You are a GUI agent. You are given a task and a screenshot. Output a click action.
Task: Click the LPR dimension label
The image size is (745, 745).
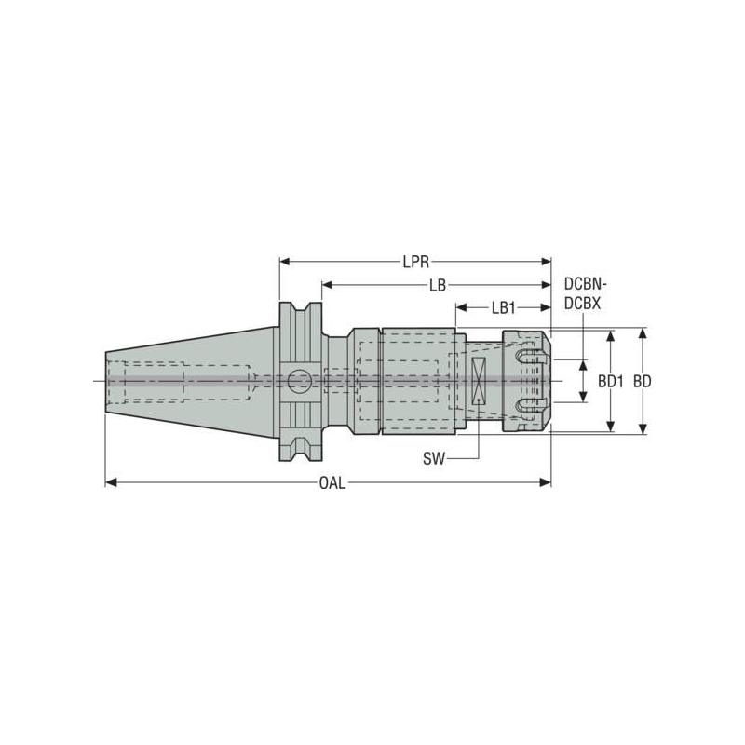pyautogui.click(x=416, y=262)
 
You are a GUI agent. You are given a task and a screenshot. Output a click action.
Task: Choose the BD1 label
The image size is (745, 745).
pyautogui.click(x=610, y=381)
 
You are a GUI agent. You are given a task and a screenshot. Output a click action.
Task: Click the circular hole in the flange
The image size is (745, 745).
pyautogui.click(x=300, y=381)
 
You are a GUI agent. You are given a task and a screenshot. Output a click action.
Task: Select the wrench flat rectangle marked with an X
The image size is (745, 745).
pyautogui.click(x=478, y=381)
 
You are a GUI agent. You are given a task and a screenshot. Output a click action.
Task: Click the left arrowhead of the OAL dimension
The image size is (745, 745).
pyautogui.click(x=110, y=482)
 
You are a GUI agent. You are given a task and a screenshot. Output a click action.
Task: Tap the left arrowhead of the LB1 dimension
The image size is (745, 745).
pyautogui.click(x=460, y=306)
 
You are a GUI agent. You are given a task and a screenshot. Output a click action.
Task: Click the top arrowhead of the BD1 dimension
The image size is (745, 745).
pyautogui.click(x=611, y=334)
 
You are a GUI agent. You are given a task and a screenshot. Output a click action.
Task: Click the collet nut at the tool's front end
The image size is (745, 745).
pyautogui.click(x=526, y=381)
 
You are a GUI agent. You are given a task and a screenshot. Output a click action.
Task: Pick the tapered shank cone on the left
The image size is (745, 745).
pyautogui.click(x=186, y=381)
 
